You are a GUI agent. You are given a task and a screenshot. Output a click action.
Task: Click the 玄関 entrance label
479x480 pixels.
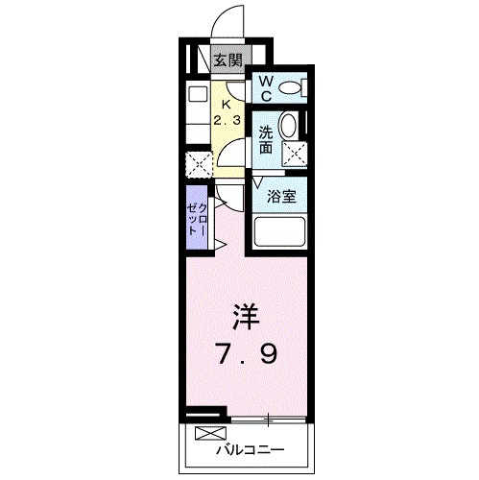[x=227, y=60]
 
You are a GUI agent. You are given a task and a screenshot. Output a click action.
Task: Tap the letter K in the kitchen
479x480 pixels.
[x=227, y=104]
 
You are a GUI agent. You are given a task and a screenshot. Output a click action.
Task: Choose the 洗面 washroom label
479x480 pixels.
[x=265, y=141]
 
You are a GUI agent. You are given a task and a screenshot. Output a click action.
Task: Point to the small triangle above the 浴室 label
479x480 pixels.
[x=258, y=181]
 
